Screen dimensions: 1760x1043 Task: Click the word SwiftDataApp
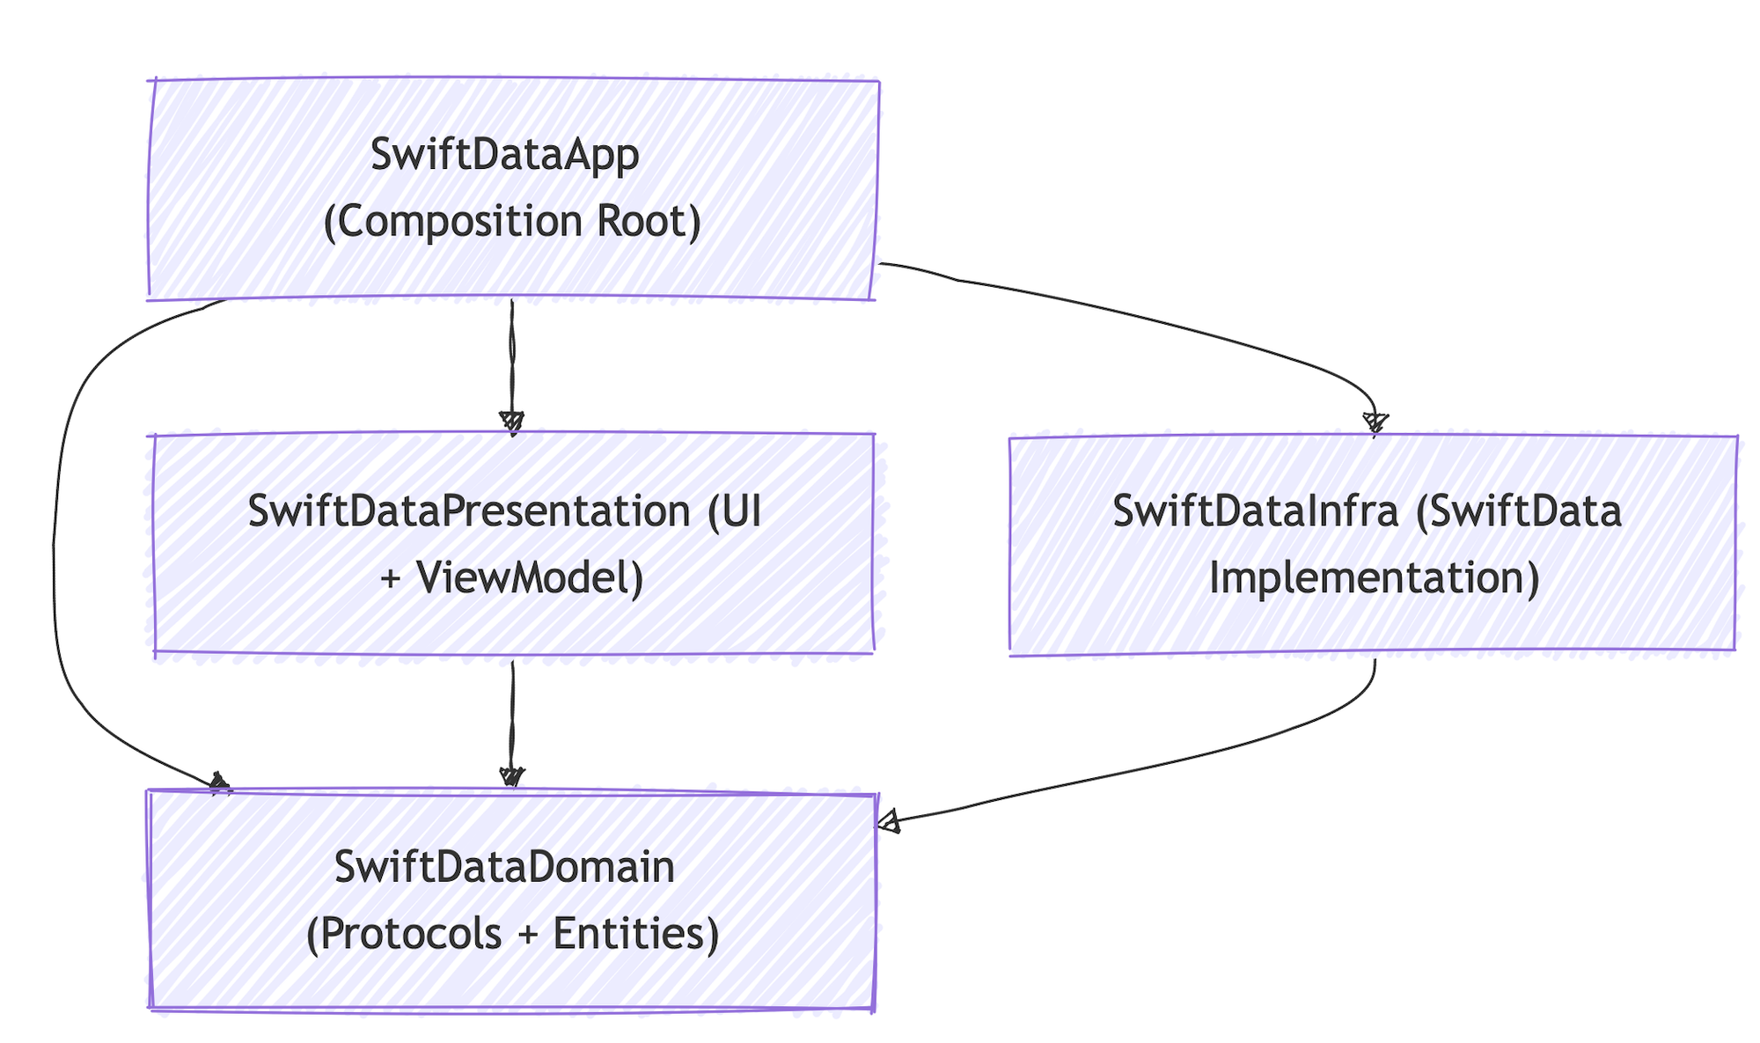(x=504, y=155)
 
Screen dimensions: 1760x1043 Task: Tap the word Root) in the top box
(x=649, y=221)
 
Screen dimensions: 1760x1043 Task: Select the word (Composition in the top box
(x=452, y=222)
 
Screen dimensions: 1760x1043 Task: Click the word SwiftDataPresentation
(x=469, y=510)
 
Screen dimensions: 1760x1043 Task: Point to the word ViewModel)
(x=531, y=578)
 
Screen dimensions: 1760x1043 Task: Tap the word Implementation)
(x=1374, y=578)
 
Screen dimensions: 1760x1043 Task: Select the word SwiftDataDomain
(x=504, y=867)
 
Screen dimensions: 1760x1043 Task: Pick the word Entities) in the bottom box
(x=635, y=934)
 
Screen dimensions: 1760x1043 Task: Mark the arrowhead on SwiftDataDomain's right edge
(x=888, y=822)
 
